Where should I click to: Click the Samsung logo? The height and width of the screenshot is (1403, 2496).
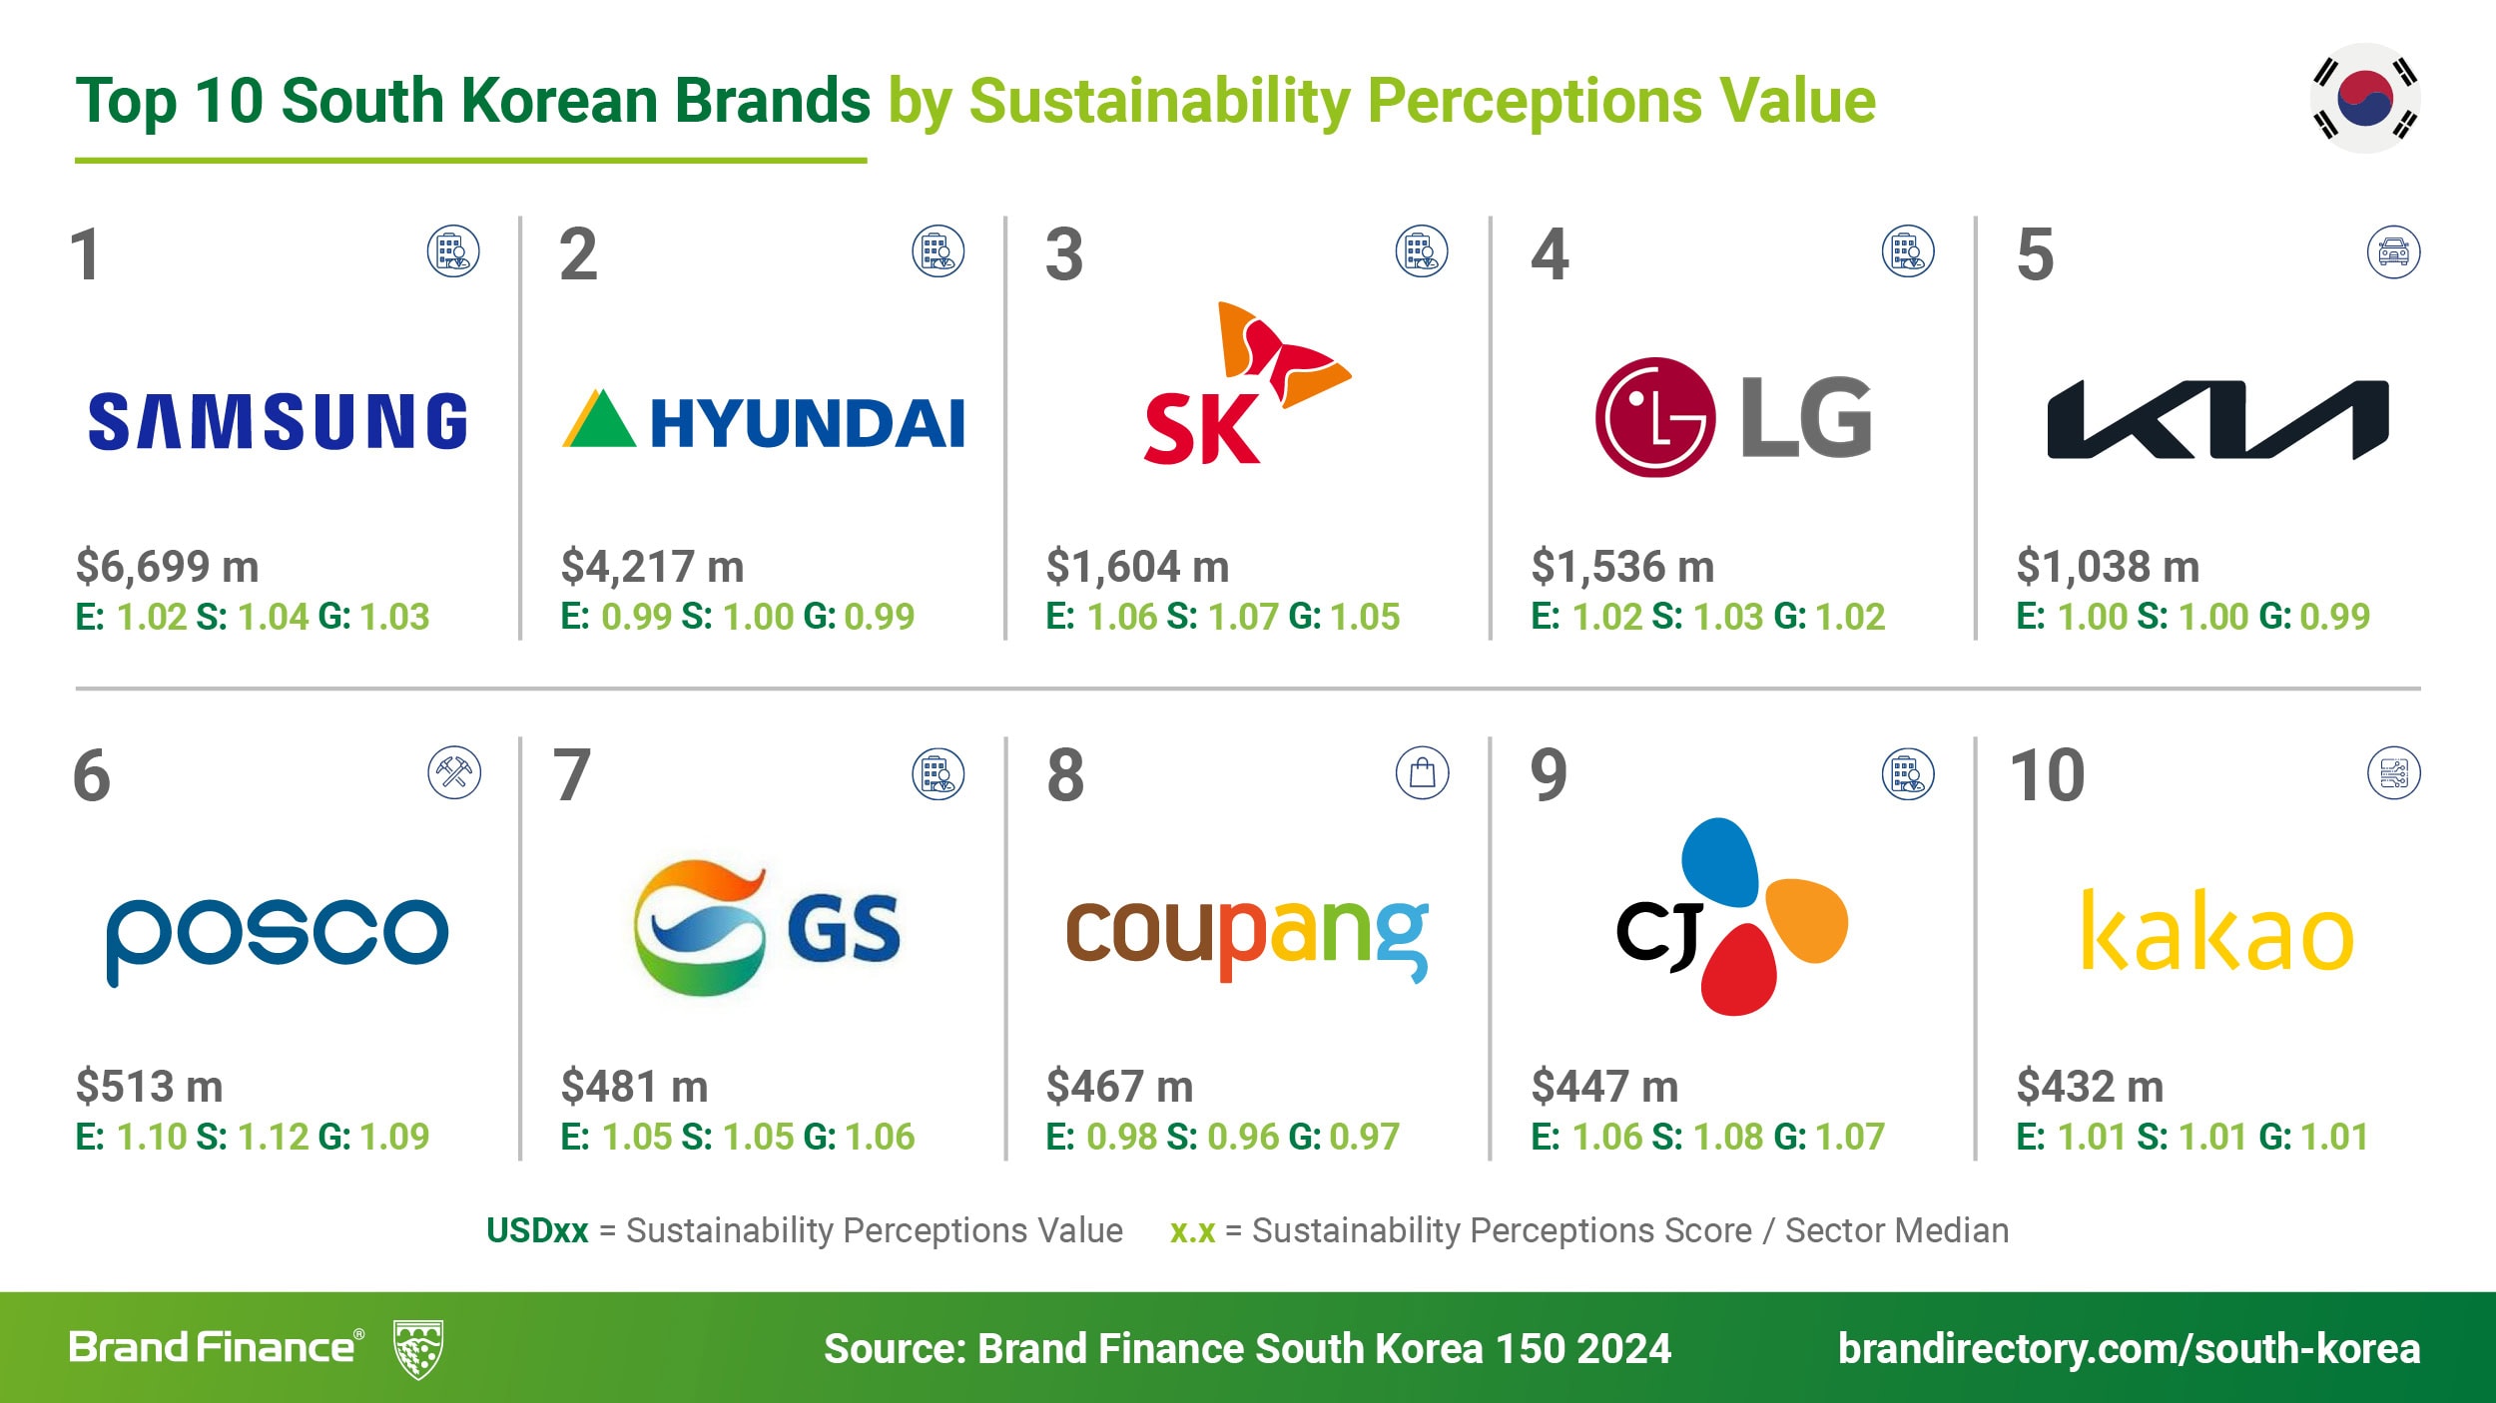pyautogui.click(x=278, y=421)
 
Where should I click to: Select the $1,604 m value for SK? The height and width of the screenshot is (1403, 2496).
pyautogui.click(x=1137, y=567)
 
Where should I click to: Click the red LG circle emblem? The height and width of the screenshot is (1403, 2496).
pyautogui.click(x=1654, y=417)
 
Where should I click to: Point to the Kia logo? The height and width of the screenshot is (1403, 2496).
pyautogui.click(x=2217, y=419)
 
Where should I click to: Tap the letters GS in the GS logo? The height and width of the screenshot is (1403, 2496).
pyautogui.click(x=844, y=929)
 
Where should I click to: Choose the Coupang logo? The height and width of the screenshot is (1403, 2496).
pyautogui.click(x=1247, y=935)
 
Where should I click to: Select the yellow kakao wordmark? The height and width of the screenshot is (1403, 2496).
pyautogui.click(x=2217, y=931)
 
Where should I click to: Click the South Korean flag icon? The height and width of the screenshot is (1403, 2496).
pyautogui.click(x=2365, y=98)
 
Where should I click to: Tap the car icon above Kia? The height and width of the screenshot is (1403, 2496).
pyautogui.click(x=2393, y=252)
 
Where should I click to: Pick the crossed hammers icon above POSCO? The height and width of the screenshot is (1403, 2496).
pyautogui.click(x=454, y=772)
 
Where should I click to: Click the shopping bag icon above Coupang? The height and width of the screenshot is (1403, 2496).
pyautogui.click(x=1422, y=772)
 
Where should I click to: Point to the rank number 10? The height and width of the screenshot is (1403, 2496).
pyautogui.click(x=2047, y=775)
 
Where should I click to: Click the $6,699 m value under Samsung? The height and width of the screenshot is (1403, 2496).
pyautogui.click(x=168, y=567)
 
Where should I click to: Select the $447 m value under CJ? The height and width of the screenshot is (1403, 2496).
pyautogui.click(x=1604, y=1087)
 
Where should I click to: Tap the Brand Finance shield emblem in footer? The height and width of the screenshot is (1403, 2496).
pyautogui.click(x=418, y=1349)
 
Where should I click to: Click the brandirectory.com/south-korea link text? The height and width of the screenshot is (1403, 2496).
pyautogui.click(x=2129, y=1349)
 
